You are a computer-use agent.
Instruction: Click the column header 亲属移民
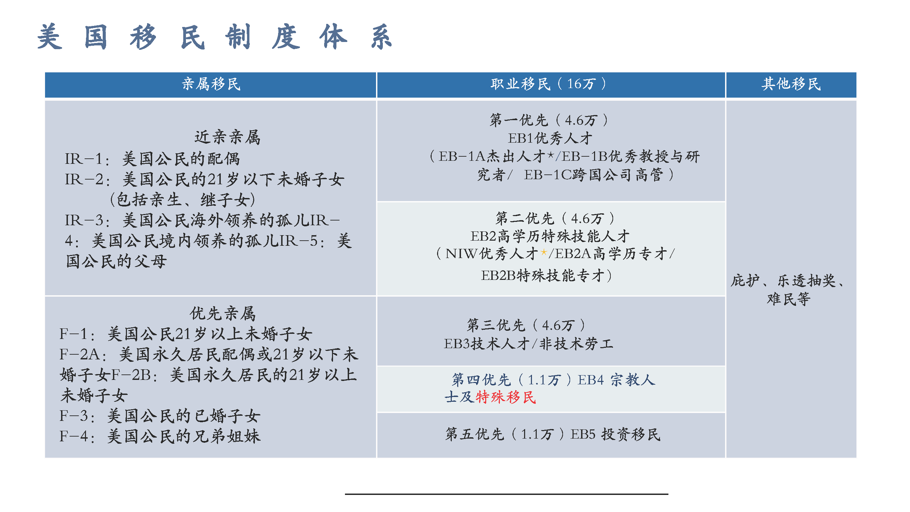[211, 84]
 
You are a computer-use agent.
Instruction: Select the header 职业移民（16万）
[549, 84]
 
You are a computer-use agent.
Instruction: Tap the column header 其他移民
[791, 84]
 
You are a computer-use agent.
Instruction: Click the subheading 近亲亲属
[227, 137]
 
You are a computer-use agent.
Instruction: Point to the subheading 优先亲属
[222, 313]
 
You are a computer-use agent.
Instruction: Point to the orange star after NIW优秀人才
[544, 252]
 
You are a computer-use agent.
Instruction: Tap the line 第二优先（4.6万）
[554, 218]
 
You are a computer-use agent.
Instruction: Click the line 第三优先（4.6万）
[526, 325]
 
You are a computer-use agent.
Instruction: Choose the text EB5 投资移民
[615, 434]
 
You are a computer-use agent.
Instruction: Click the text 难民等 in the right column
[788, 299]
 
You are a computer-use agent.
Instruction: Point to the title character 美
[50, 37]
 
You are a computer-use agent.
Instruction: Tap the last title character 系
[381, 37]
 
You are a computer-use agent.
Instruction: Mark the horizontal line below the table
[506, 494]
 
